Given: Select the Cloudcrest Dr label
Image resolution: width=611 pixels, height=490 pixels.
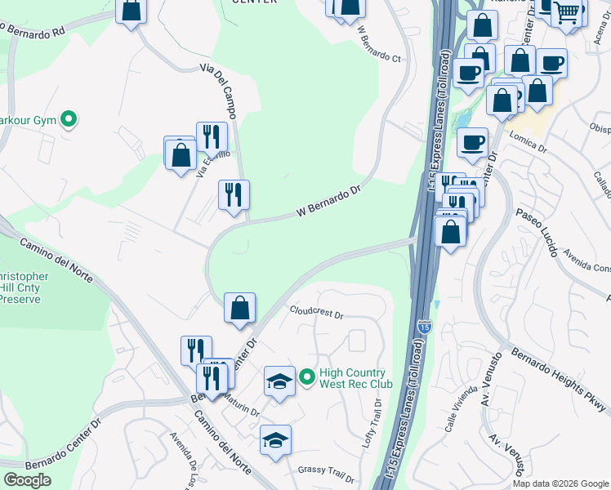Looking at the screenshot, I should point(317,312).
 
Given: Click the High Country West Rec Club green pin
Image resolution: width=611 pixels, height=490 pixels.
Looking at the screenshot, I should point(306,376).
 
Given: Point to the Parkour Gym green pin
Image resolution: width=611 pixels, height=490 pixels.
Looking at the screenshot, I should point(69,120).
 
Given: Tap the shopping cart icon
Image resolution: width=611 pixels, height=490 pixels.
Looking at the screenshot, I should point(566,12).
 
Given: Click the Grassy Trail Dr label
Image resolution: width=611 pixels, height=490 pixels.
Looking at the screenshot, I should point(326,471).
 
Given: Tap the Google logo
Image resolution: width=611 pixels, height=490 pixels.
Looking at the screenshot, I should point(27,480).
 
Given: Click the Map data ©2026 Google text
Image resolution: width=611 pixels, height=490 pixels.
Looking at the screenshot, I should point(560,483).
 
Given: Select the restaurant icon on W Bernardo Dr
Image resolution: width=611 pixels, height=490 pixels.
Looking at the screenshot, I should point(234,195).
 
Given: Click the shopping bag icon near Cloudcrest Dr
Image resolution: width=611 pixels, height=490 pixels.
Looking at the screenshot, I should point(239,308).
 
